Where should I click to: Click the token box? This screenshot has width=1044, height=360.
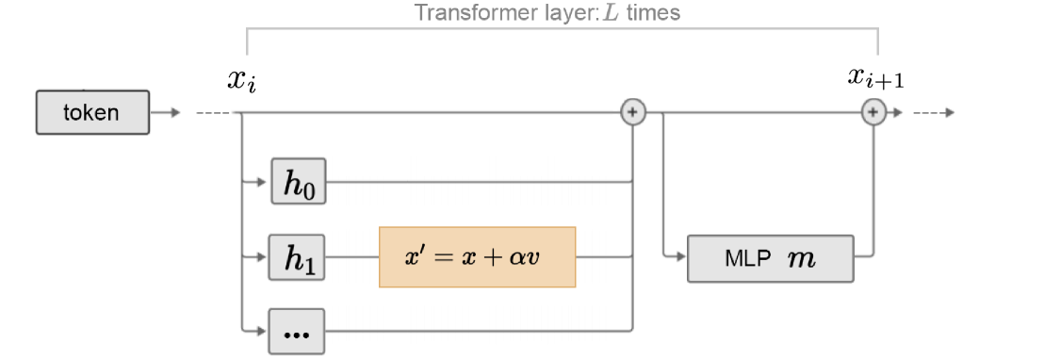(92, 113)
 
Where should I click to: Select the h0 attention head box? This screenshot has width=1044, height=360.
(298, 181)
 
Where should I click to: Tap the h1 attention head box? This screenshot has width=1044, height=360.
(298, 257)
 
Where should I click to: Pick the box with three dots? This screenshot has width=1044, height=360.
(298, 331)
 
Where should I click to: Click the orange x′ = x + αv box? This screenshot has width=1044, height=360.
(477, 256)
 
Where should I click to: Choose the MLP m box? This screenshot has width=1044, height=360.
(770, 257)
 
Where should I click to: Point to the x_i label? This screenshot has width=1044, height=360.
(241, 80)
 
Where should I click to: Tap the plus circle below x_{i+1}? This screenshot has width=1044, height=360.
(873, 113)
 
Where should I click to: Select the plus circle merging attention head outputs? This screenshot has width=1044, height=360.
(633, 113)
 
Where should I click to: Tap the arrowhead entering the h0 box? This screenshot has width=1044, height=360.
(265, 181)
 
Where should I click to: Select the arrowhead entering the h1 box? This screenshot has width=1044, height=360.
(265, 256)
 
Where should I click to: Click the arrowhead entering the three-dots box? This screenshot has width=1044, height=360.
(265, 330)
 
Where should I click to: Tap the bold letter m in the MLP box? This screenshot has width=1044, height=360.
(801, 258)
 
